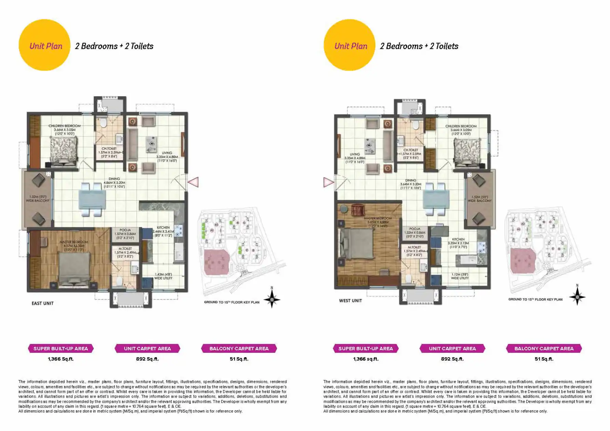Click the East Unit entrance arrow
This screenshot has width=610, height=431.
(193, 182)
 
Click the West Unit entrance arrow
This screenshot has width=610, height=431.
(328, 183)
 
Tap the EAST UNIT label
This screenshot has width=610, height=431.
(43, 303)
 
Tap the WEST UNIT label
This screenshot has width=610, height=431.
(350, 301)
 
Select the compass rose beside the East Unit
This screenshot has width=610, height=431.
(272, 300)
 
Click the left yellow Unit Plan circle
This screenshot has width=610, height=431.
(44, 45)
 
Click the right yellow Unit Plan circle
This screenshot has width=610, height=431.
(349, 45)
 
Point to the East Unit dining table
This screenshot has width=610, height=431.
(92, 200)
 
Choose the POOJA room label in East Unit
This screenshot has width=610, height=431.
(125, 230)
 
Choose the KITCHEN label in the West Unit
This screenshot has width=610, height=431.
(458, 239)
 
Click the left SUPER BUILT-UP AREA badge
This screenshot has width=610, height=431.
(61, 348)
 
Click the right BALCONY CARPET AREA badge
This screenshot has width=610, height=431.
(544, 348)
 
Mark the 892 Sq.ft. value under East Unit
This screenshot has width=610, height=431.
(147, 359)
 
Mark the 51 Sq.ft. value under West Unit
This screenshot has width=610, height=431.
(544, 359)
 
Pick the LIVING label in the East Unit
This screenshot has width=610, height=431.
(167, 153)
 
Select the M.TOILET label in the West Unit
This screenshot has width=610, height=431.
(414, 247)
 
